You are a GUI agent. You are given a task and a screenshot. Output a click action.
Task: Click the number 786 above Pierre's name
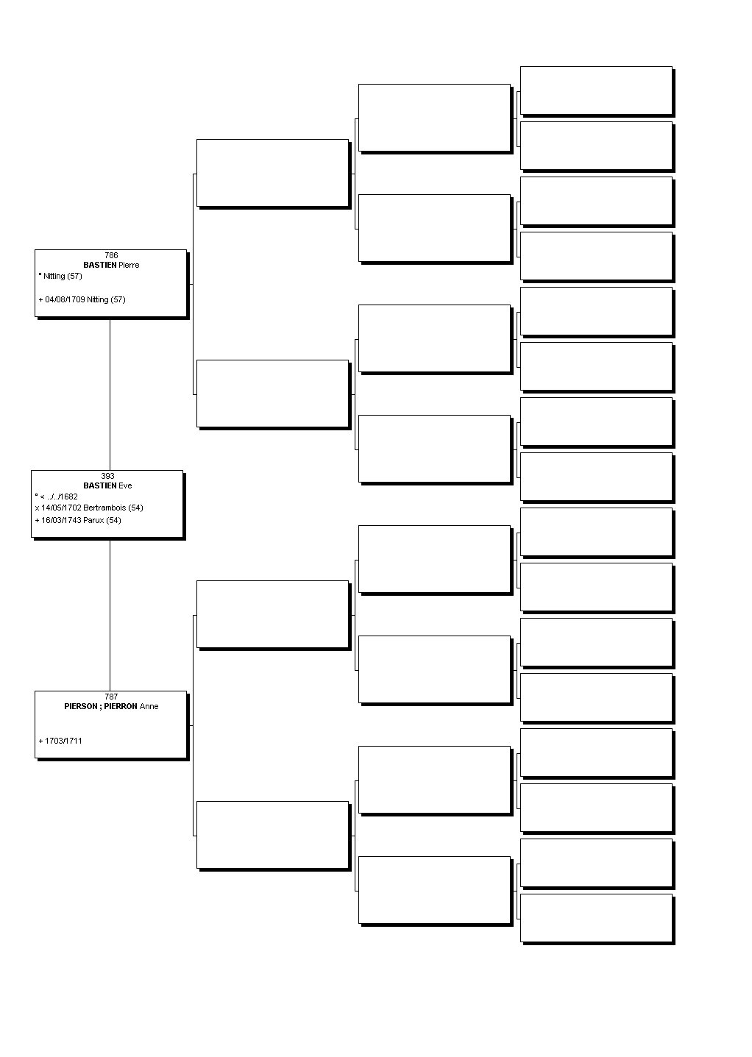111,255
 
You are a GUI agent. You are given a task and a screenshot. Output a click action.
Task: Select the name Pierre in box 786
129,265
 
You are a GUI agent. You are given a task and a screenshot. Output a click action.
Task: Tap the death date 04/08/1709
65,299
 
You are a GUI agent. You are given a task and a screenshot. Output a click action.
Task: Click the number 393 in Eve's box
107,476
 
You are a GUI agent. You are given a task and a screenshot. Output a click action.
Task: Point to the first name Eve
125,485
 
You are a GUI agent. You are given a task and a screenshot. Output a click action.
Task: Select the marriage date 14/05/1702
61,508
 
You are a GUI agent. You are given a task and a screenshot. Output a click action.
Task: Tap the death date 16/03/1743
61,520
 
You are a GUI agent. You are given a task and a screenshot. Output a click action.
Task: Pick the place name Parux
93,520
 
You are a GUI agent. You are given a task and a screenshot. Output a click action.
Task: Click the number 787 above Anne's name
111,697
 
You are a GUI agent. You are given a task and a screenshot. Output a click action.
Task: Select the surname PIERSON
81,706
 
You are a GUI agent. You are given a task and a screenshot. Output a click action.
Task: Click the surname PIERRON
121,706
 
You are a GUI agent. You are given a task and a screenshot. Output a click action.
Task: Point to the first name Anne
149,706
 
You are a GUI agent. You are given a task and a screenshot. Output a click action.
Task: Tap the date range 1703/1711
63,741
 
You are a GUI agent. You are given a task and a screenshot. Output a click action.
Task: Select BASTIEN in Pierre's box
99,265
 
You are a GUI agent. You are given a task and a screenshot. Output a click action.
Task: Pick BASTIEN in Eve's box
99,485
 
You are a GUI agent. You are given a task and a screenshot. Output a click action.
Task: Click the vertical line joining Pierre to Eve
110,395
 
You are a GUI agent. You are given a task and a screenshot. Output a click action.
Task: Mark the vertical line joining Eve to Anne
110,616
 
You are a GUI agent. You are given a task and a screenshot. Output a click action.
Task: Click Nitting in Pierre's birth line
54,276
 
